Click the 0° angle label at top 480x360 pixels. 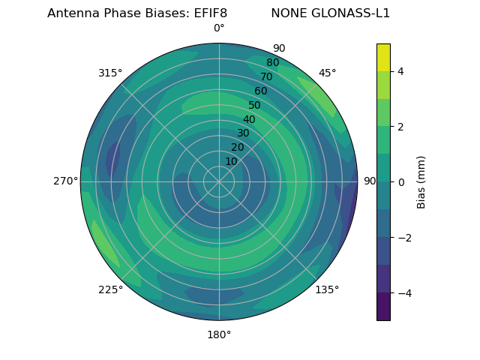219,28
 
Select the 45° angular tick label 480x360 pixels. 327,73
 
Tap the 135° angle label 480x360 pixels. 327,289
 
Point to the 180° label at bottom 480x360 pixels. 219,334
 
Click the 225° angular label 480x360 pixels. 110,289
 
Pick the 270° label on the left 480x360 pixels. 65,181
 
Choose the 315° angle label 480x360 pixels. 110,73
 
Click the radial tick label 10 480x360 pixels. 231,161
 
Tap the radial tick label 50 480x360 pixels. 255,106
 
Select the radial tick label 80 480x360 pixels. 272,63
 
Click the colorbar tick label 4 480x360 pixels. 400,71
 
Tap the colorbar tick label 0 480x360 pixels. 400,181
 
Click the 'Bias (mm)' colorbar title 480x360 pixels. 421,181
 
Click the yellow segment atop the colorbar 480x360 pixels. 383,57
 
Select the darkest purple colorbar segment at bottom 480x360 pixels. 383,306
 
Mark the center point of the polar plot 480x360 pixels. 219,181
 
